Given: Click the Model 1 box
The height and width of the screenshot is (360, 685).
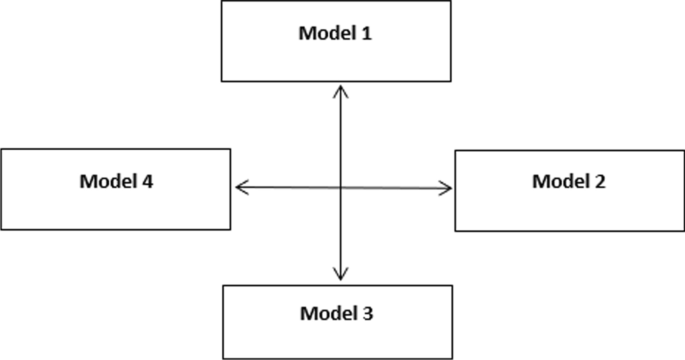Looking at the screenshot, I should click(x=336, y=41).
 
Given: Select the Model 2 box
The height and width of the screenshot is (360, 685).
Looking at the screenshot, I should click(x=569, y=190).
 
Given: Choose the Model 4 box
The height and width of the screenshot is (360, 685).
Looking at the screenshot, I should click(x=116, y=188).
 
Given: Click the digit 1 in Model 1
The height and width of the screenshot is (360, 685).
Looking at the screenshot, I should click(x=366, y=33).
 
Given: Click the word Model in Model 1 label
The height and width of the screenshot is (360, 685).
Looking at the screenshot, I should click(x=326, y=33).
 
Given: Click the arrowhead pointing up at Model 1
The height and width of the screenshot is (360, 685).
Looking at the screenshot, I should click(x=341, y=91).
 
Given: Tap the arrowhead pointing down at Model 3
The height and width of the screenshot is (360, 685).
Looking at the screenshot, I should click(x=341, y=274).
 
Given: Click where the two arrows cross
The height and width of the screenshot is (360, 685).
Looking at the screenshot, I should click(x=341, y=187).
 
